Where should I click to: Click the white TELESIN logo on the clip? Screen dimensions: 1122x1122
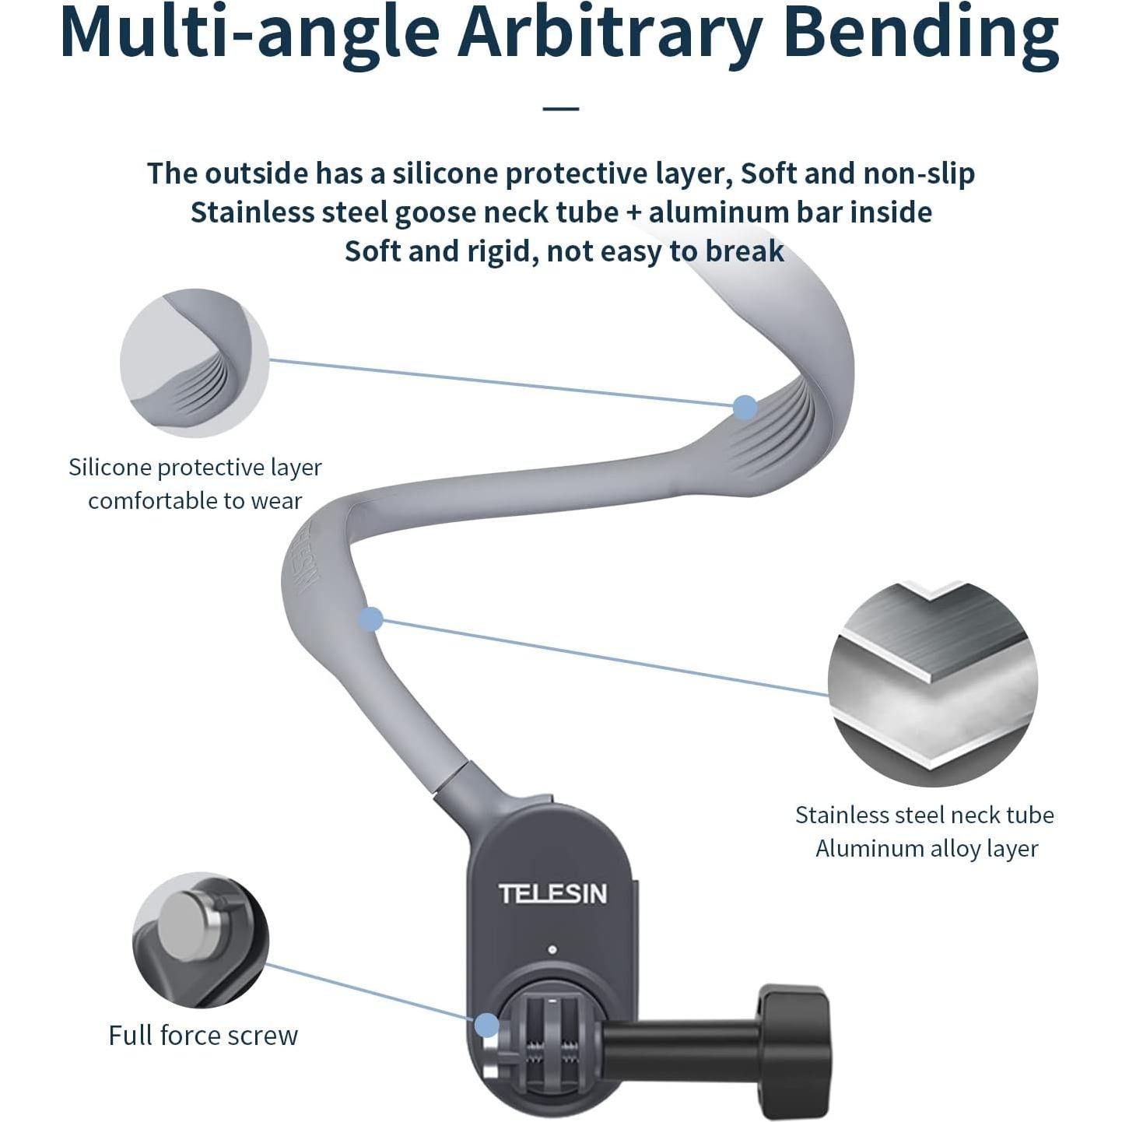click(552, 894)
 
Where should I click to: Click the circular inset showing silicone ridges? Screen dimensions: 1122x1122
click(195, 363)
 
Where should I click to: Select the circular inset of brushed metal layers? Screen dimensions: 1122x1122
click(933, 684)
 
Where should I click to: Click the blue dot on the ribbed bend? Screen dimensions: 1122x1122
click(745, 407)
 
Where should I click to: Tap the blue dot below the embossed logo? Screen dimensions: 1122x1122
click(371, 619)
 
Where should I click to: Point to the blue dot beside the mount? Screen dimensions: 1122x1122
click(487, 1025)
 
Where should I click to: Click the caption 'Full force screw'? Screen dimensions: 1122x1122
click(203, 1036)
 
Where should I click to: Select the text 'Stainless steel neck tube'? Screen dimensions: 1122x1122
click(924, 815)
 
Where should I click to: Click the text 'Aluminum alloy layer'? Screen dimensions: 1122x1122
click(927, 849)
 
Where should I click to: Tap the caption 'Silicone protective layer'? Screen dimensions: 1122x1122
click(195, 468)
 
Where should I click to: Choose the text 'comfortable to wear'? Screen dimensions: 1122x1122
click(195, 501)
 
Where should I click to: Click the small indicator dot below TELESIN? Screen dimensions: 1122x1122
click(552, 950)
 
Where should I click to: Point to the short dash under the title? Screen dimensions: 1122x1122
click(561, 108)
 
